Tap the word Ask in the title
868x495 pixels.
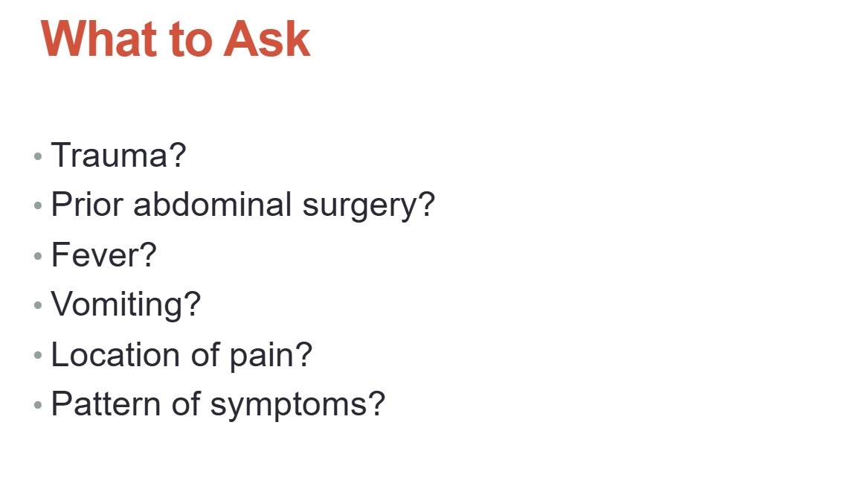[x=266, y=39]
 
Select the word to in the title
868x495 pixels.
[x=191, y=40]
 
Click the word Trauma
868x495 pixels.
[x=111, y=155]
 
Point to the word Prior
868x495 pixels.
[x=87, y=205]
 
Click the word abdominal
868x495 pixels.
[x=213, y=204]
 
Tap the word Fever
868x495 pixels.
[x=97, y=255]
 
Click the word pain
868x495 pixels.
[x=263, y=357]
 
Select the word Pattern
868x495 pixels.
[x=106, y=404]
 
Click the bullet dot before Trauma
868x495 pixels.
[x=38, y=157]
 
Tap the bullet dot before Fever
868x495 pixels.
[x=38, y=256]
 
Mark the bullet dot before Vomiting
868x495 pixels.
[x=38, y=305]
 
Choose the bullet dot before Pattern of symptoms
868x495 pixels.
[x=38, y=405]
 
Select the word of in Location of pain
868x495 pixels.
[x=205, y=354]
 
